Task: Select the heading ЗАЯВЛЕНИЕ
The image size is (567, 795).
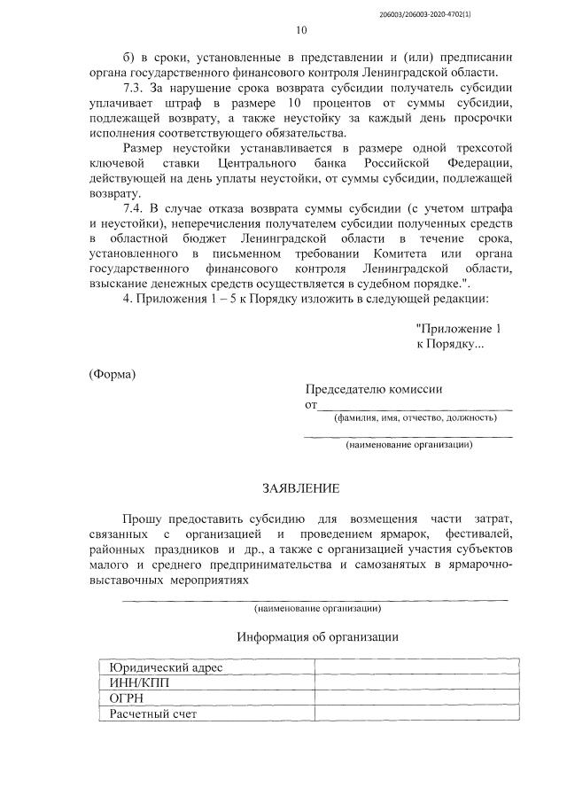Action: point(299,488)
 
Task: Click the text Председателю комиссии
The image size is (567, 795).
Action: point(374,389)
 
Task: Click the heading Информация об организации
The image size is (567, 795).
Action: point(317,636)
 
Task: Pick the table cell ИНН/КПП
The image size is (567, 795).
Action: point(137,682)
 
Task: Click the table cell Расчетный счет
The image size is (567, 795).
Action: point(152,713)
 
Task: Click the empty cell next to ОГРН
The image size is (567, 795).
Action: point(412,698)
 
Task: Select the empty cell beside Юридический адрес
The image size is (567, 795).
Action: point(412,666)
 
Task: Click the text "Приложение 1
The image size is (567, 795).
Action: point(458,328)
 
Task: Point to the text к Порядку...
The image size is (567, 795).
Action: point(450,344)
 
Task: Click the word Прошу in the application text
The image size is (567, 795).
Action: point(142,517)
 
